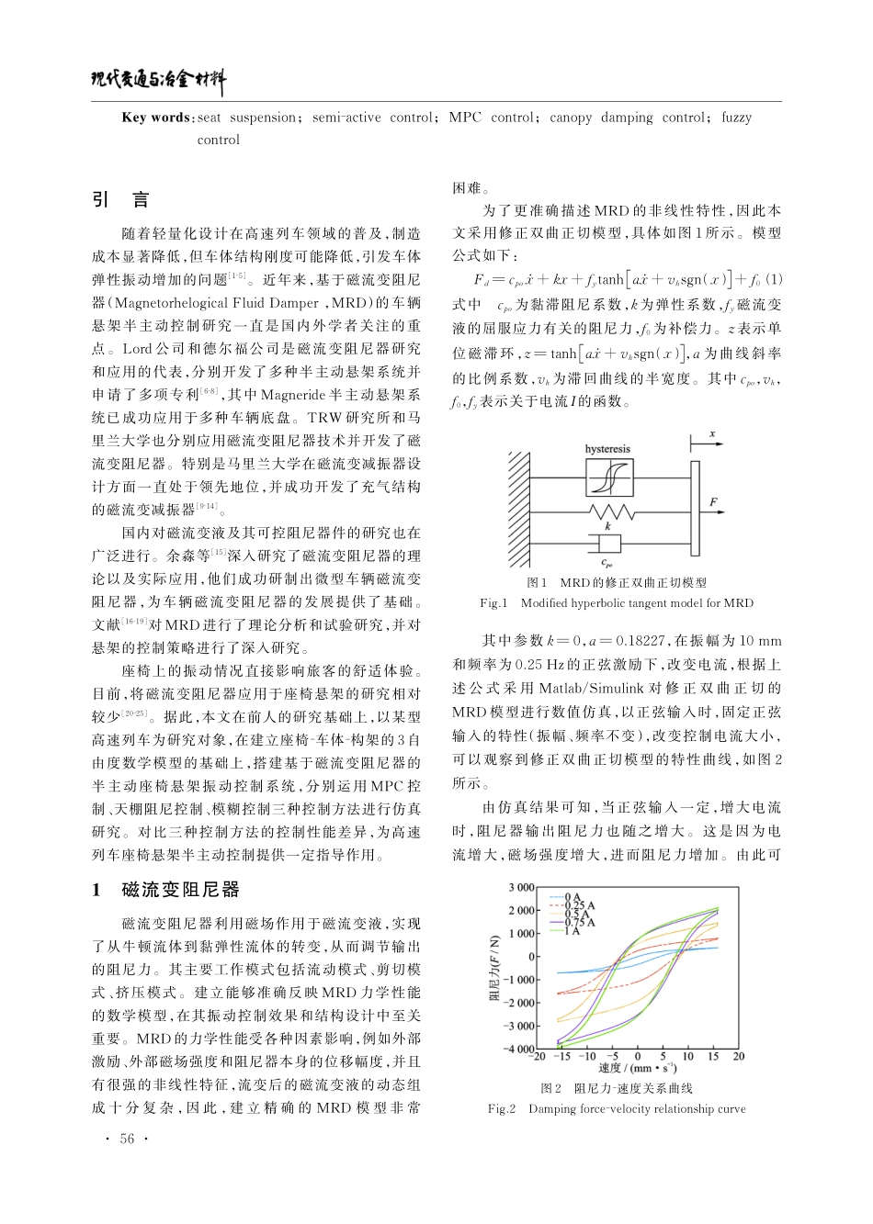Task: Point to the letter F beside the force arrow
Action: [x=714, y=501]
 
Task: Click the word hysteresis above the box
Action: [x=607, y=449]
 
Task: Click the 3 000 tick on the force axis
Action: [x=520, y=888]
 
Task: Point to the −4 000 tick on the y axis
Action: [x=518, y=1049]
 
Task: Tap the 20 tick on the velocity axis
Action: [x=738, y=1057]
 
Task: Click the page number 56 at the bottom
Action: [x=127, y=1140]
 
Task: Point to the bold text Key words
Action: [x=155, y=118]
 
